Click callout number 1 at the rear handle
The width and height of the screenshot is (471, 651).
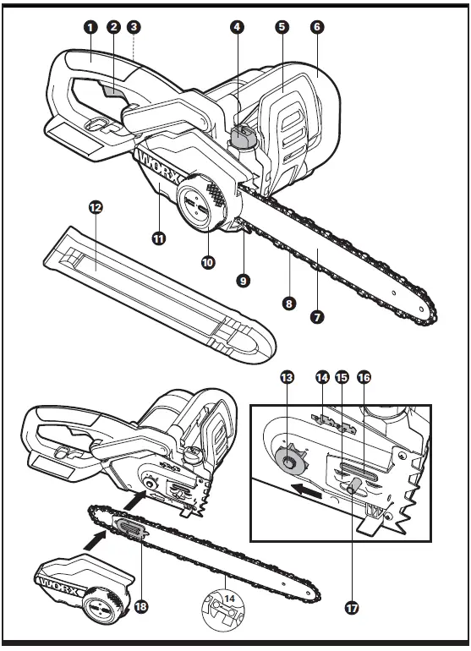(x=90, y=27)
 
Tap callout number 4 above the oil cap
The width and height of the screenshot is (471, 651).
(x=238, y=27)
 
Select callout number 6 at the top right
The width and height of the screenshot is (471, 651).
(x=316, y=27)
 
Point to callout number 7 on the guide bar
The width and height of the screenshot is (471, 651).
(x=318, y=318)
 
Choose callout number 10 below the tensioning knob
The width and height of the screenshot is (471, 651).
(x=208, y=262)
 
